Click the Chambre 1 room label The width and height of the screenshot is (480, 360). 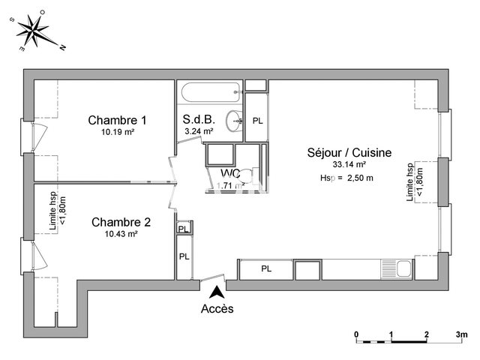coord(117,120)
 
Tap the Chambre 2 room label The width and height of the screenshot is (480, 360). coord(121,222)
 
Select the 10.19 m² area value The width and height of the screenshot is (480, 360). coord(117,133)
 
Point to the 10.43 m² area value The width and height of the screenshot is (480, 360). coord(121,234)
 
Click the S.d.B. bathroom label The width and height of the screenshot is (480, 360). coord(199,119)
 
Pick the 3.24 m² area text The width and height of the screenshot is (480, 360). coord(199,131)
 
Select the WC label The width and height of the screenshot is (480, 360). coord(229,174)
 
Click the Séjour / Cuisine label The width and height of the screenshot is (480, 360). coord(349,152)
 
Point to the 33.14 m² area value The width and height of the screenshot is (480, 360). coord(349,164)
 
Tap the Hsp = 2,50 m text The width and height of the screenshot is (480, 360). coord(346,178)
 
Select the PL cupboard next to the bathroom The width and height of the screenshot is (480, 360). coord(257,121)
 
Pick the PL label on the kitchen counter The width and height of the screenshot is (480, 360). coord(266,268)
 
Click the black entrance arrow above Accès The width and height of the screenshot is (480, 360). coord(217,292)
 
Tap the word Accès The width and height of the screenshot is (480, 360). coord(217,308)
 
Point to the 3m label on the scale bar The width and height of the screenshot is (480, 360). coord(461,334)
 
